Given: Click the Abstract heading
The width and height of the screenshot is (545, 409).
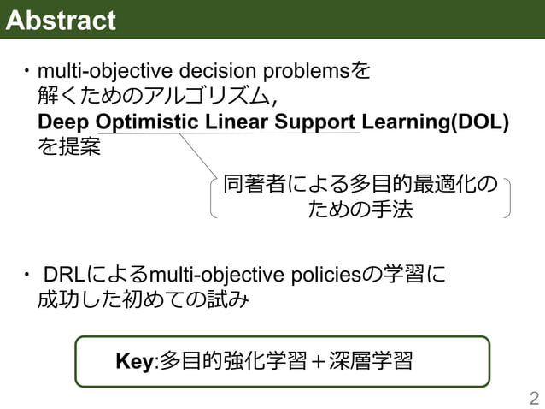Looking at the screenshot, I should click(x=61, y=20).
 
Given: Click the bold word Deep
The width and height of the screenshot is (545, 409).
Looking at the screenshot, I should click(x=61, y=122).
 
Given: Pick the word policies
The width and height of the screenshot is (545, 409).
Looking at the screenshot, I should click(x=326, y=275).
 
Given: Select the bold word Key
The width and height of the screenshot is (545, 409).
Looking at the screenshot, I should click(x=132, y=361).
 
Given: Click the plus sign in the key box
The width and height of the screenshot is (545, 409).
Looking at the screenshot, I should click(x=319, y=361).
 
